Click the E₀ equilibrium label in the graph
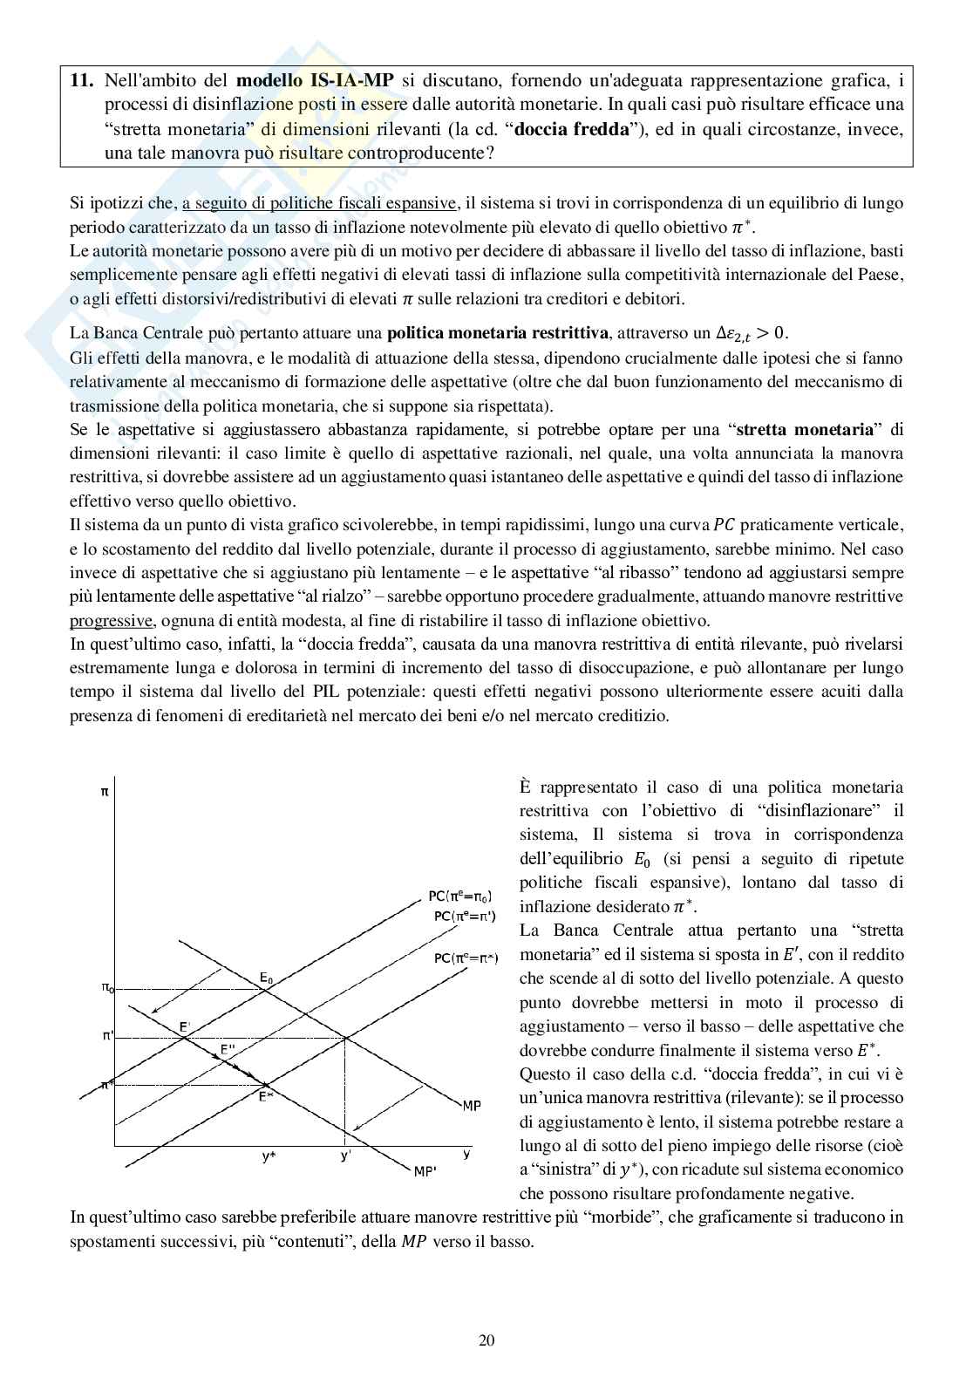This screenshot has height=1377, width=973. click(266, 979)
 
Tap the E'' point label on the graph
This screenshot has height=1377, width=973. click(227, 1049)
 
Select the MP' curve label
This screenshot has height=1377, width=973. click(425, 1172)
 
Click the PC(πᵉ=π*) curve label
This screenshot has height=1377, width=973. click(466, 958)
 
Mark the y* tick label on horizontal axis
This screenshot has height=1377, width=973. click(269, 1156)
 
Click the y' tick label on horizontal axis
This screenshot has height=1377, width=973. click(345, 1156)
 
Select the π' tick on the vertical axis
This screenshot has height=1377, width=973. click(107, 1036)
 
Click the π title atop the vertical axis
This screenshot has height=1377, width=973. click(105, 792)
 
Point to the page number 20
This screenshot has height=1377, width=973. click(486, 1340)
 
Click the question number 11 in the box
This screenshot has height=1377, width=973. click(81, 81)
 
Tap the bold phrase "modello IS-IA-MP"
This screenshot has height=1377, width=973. click(315, 81)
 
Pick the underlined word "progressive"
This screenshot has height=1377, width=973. click(111, 621)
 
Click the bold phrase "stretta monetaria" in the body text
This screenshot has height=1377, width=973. click(805, 429)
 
